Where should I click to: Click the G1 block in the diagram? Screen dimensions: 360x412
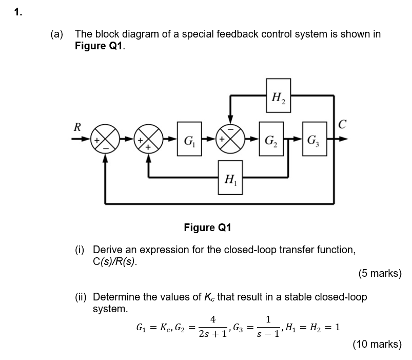tap(189, 139)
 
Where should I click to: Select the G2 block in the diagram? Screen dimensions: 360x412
tap(270, 139)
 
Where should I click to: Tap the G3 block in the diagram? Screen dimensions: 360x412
tap(313, 139)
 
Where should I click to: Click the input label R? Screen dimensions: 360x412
tap(77, 127)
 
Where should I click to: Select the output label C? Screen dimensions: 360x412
tap(342, 124)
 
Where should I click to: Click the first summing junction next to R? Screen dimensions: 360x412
tap(105, 139)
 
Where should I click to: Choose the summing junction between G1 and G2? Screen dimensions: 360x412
tap(230, 139)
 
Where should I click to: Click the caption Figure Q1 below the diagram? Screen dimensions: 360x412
tap(208, 227)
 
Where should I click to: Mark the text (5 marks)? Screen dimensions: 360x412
tap(380, 273)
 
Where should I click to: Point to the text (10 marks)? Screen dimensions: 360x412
tap(377, 344)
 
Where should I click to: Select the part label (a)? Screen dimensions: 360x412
tap(57, 34)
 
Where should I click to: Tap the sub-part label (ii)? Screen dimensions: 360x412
tap(82, 297)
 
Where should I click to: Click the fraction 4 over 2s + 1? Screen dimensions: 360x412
tap(212, 327)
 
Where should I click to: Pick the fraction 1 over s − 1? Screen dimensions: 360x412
tap(268, 327)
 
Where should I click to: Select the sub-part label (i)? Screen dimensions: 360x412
tap(81, 250)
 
